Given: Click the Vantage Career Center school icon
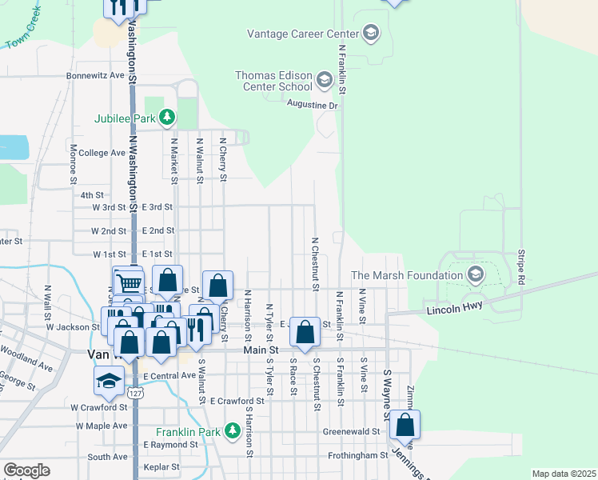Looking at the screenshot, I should [370, 32].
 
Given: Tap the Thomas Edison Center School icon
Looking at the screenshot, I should [324, 80].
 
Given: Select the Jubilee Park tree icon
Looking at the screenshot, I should [166, 118].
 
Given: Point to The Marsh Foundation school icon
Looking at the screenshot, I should [475, 275].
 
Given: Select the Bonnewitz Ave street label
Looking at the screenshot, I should [96, 75].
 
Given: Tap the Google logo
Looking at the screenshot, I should [26, 470].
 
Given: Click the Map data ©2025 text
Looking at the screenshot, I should [563, 474].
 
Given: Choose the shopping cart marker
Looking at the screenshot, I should [128, 282].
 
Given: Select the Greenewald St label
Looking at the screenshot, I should [350, 431].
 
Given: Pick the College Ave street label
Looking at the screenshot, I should [102, 153].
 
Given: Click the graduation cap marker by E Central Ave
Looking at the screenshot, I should [109, 382].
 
